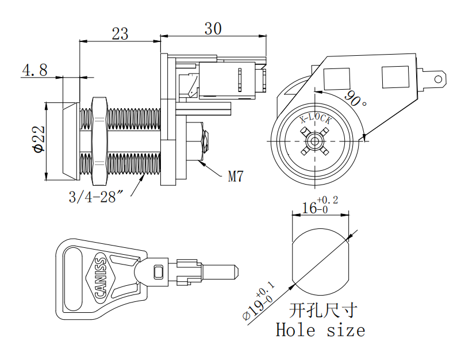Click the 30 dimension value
(x=213, y=28)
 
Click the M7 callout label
(x=236, y=176)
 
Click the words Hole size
(x=320, y=330)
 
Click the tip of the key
(x=235, y=269)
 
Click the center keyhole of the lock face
(x=315, y=140)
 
